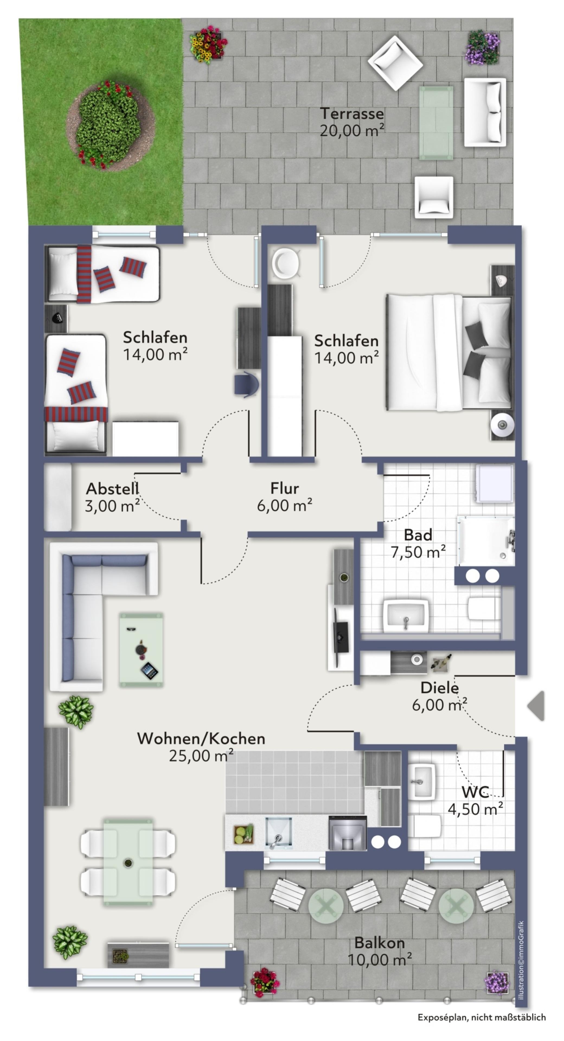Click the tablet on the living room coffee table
point(149,671)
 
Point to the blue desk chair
point(246,385)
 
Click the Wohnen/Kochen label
point(201,738)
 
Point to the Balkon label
point(380,943)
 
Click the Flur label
point(285,488)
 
